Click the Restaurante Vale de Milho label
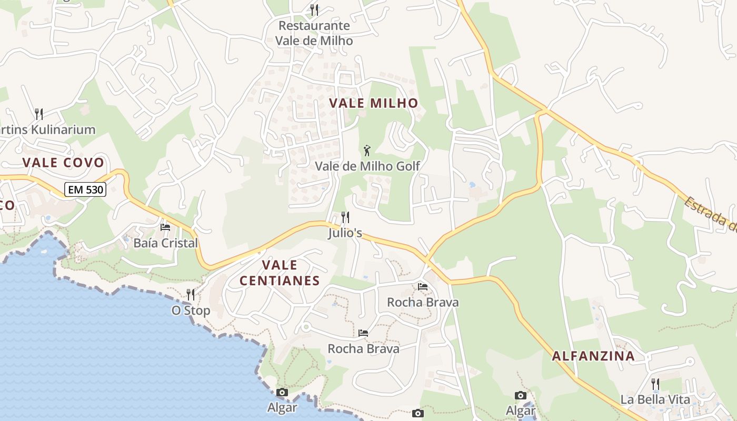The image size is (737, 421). [314, 33]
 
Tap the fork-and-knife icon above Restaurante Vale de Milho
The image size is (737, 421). [314, 9]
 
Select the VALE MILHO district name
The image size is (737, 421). [374, 103]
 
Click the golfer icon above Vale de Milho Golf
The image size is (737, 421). [367, 151]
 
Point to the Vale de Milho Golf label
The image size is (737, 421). [367, 166]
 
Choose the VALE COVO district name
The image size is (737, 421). [64, 163]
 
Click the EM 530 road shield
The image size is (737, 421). [85, 189]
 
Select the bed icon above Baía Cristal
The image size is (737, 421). [165, 227]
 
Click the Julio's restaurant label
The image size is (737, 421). [345, 233]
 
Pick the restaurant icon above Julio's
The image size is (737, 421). [345, 217]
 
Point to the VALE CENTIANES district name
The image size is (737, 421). [280, 273]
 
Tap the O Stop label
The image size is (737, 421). [191, 310]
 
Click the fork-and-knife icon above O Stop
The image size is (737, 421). [191, 295]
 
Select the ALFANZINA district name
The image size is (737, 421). [593, 356]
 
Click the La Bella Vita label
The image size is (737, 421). [655, 399]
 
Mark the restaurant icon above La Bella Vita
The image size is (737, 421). [655, 384]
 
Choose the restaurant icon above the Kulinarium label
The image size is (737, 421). [38, 114]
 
